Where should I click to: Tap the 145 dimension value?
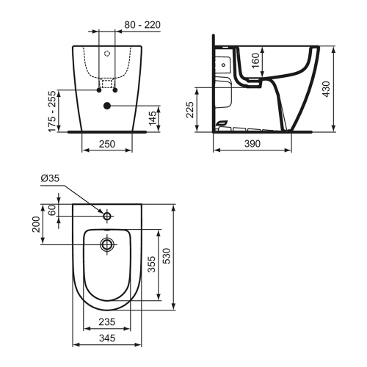(151, 117)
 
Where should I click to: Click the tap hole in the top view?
(108, 217)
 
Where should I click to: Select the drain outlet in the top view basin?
(108, 244)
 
